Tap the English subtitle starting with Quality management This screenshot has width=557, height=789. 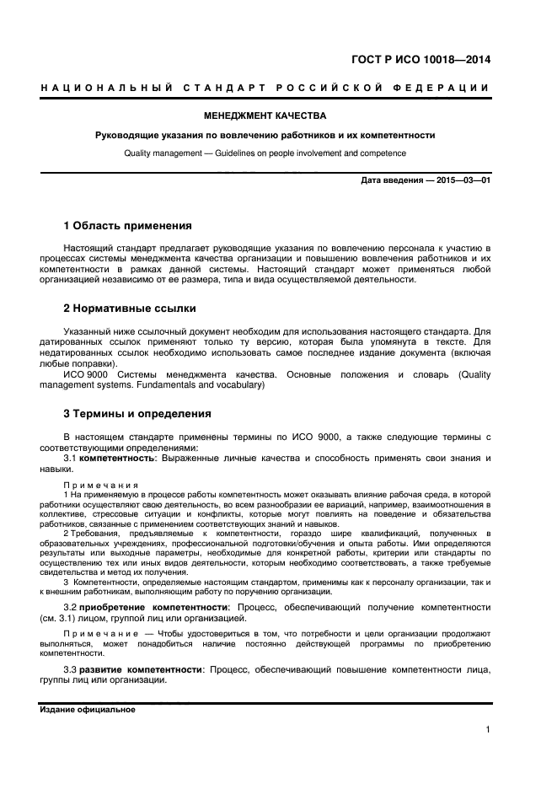[265, 153]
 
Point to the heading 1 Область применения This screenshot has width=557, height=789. [128, 226]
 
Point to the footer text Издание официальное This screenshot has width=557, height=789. [88, 710]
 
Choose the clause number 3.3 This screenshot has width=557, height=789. [71, 669]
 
